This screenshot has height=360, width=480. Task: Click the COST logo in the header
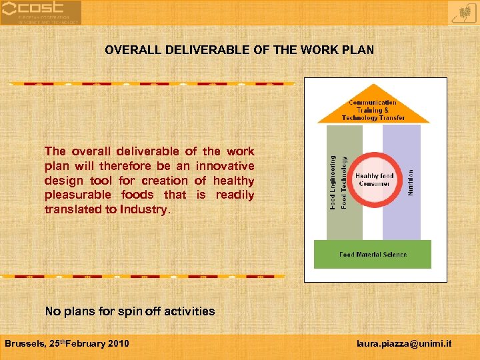(x=41, y=12)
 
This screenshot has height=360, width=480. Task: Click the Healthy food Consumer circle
(x=374, y=179)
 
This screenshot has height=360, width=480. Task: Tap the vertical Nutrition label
(x=411, y=181)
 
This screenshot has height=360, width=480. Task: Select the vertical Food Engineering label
(x=333, y=181)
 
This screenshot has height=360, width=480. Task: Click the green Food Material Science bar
(x=373, y=254)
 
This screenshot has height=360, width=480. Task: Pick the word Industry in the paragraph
(x=147, y=209)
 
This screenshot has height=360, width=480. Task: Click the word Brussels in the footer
(x=24, y=343)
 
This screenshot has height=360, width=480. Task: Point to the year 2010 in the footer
(x=117, y=343)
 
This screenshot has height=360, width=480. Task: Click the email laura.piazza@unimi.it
(x=404, y=343)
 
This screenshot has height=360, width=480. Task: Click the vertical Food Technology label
(x=344, y=181)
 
